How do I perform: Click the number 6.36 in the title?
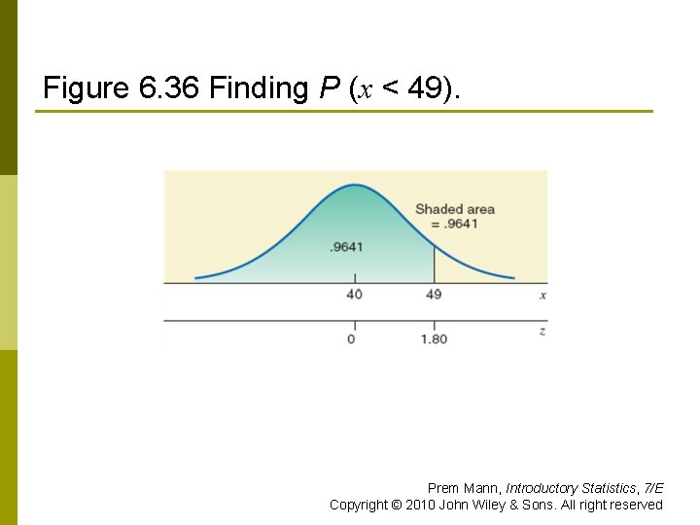[170, 88]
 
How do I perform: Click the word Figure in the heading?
[87, 88]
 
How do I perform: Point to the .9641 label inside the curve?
[346, 247]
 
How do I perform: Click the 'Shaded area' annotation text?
[455, 209]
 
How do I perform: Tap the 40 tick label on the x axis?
[353, 294]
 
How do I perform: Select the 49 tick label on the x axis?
[434, 294]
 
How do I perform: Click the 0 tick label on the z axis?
[351, 339]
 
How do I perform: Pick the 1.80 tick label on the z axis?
[434, 339]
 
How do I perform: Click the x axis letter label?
[542, 294]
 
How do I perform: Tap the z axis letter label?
[542, 332]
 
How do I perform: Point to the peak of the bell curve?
[353, 185]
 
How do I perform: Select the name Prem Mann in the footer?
[464, 488]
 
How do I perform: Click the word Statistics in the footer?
[612, 488]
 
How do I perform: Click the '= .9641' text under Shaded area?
[454, 224]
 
